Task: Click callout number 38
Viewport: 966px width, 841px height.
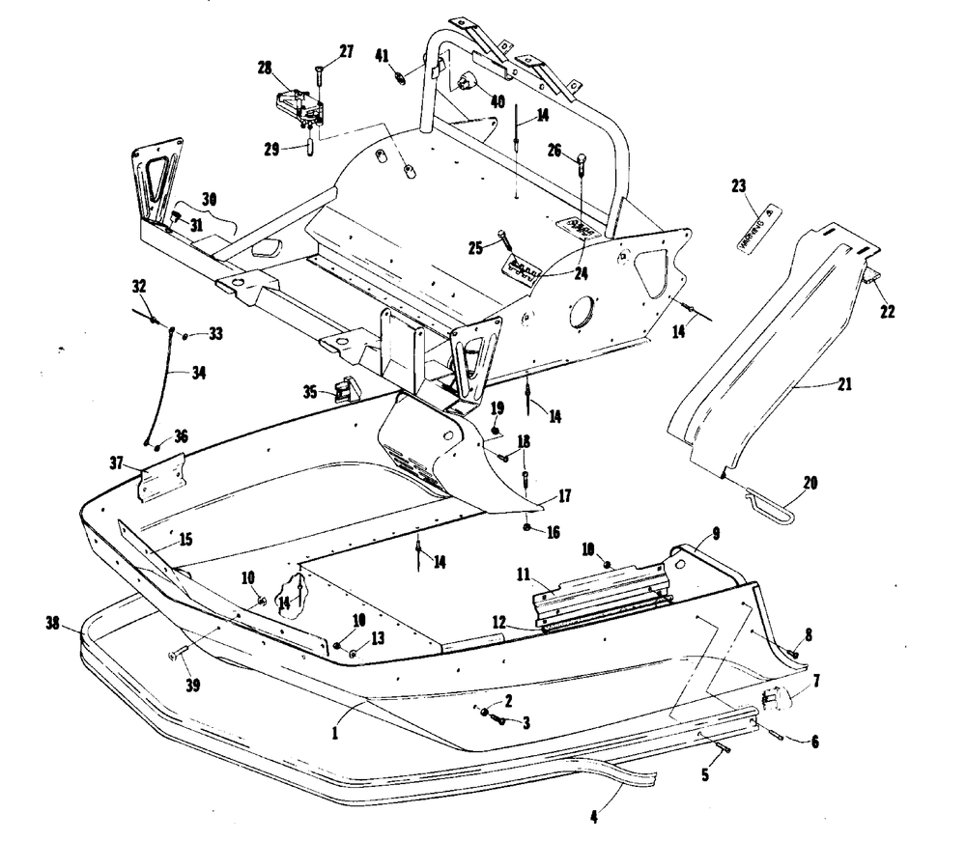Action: [53, 625]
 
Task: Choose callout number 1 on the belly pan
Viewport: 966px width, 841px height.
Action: [334, 733]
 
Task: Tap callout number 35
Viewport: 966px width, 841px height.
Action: [309, 392]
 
